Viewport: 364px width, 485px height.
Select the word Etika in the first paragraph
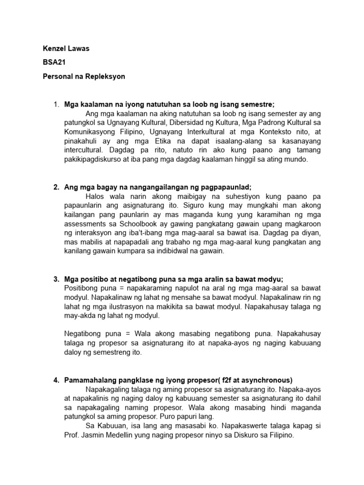click(x=154, y=141)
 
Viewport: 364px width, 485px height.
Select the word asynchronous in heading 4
click(x=269, y=380)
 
